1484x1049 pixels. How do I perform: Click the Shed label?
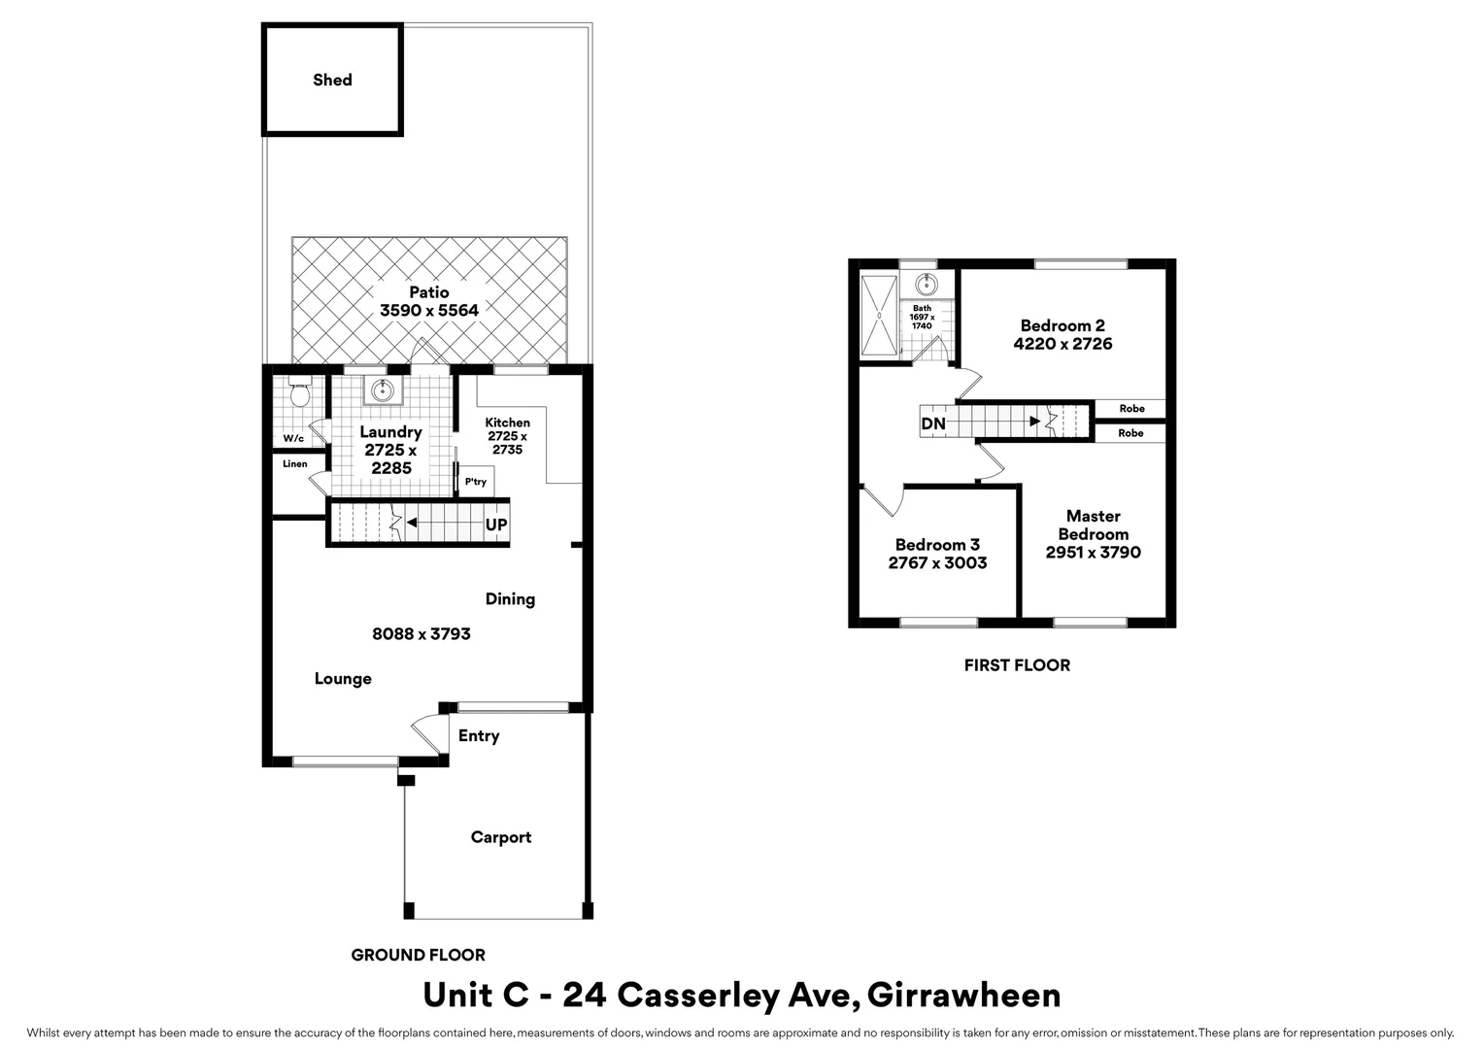(332, 80)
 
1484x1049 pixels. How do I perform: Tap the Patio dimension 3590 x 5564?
(428, 311)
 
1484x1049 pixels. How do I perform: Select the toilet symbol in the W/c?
(300, 395)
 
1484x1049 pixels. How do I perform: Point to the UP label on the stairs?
(495, 524)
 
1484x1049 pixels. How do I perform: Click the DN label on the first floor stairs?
(932, 424)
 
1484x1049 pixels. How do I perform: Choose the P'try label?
(475, 482)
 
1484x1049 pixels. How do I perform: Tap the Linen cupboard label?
(294, 464)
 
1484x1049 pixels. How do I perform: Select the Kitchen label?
(507, 423)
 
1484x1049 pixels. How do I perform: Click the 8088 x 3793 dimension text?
(422, 634)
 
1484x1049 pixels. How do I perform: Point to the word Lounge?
(343, 679)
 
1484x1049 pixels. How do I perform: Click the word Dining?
(510, 599)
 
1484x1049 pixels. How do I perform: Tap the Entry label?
(479, 736)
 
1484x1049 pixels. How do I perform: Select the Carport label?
(500, 837)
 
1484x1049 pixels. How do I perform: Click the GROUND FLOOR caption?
(418, 956)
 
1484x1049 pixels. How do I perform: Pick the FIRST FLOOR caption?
(1017, 665)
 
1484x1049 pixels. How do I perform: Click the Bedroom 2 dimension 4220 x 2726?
(1062, 344)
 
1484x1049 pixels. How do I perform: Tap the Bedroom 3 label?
(937, 545)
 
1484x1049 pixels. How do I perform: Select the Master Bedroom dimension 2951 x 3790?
(1093, 553)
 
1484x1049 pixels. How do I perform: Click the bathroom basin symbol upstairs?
(926, 285)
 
